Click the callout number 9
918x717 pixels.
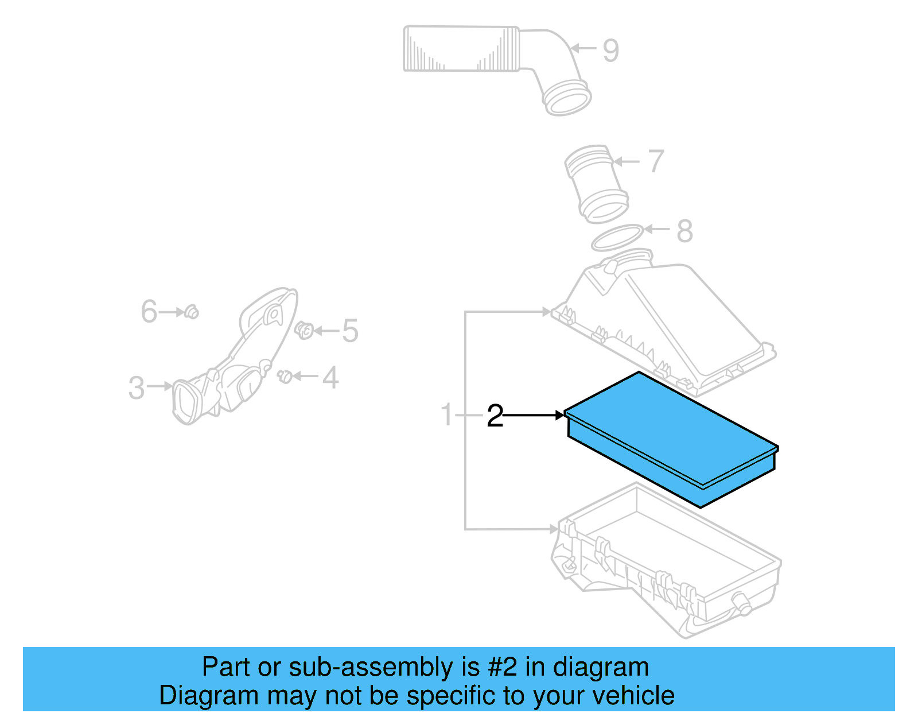(611, 51)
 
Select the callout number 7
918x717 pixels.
(656, 161)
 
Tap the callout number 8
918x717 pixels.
(684, 231)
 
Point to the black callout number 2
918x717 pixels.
(495, 416)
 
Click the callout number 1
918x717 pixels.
(447, 415)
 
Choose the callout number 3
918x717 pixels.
(137, 387)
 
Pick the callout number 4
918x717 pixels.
(330, 378)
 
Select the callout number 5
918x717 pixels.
(350, 331)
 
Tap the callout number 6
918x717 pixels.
(149, 312)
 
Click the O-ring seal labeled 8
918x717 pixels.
(617, 238)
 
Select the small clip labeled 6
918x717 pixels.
(192, 312)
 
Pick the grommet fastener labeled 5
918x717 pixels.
(304, 330)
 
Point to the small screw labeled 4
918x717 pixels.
(285, 376)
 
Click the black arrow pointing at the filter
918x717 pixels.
(534, 414)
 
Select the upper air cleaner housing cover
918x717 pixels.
(666, 321)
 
